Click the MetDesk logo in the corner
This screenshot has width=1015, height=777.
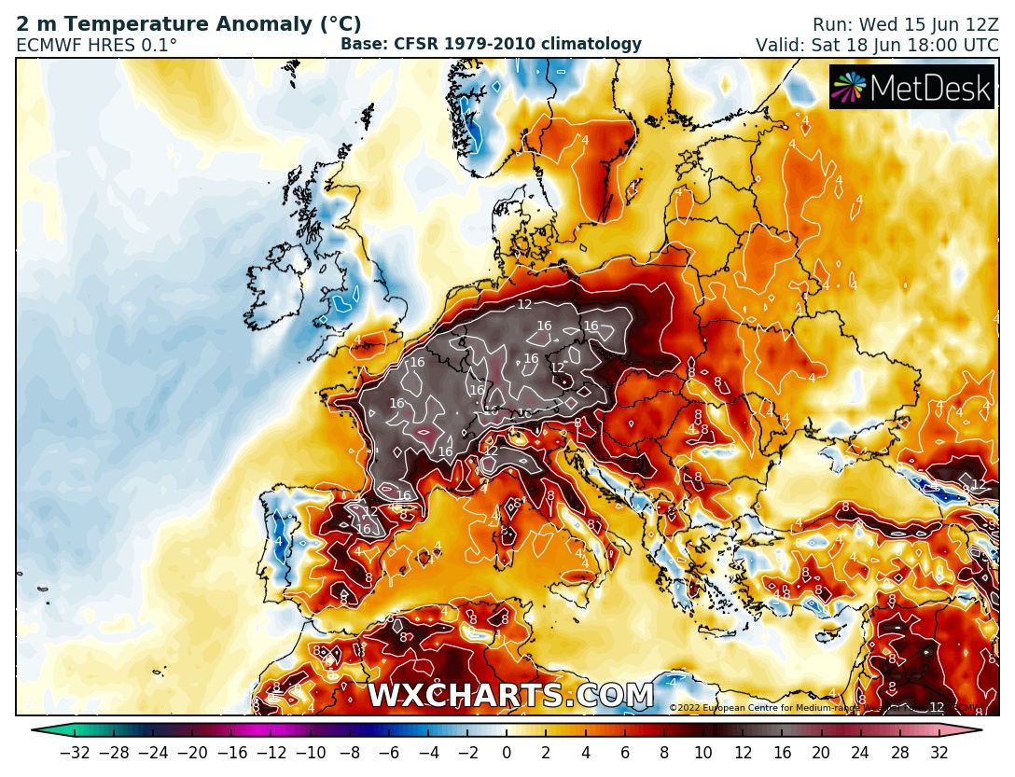point(911,87)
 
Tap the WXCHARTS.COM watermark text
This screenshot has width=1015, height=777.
point(510,696)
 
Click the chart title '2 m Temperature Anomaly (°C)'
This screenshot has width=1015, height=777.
point(188,25)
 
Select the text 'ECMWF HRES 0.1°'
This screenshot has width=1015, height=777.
point(97,45)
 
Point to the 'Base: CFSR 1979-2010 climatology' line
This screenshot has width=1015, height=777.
point(491,44)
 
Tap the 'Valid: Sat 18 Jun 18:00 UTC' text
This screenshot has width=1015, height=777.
point(877,45)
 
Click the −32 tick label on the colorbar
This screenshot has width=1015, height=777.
point(75,754)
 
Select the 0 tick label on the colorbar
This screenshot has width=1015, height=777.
point(507,754)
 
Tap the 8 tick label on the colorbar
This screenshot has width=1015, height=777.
point(663,754)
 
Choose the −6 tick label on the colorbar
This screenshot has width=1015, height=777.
point(388,754)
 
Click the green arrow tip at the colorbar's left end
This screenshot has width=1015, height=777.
point(38,731)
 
